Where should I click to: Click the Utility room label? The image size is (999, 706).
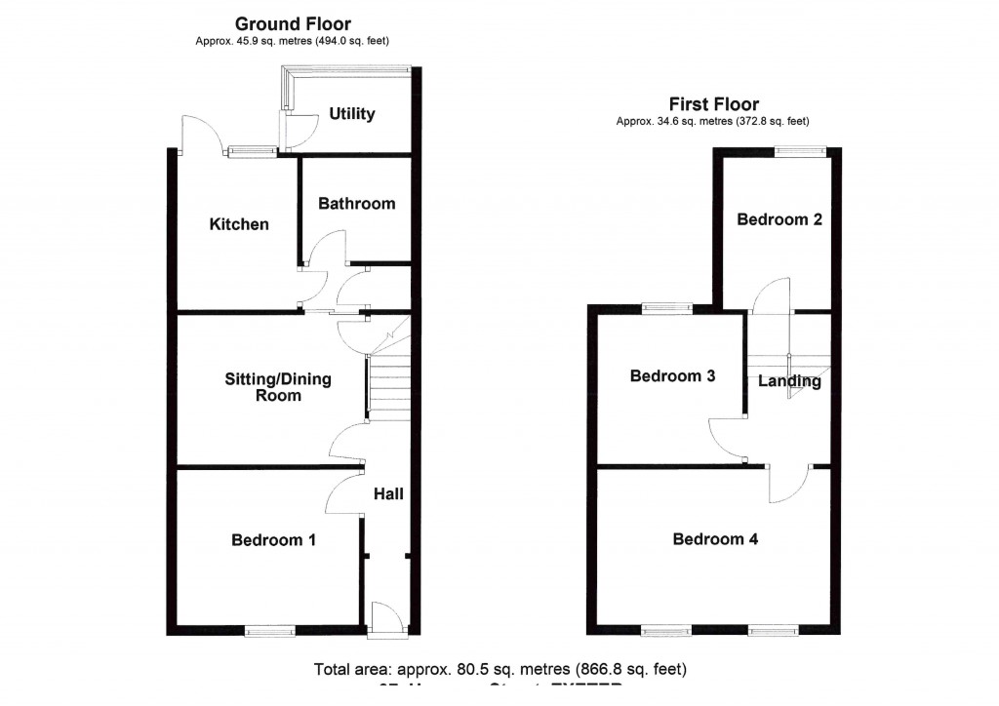[351, 114]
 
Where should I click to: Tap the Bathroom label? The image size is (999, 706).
[357, 204]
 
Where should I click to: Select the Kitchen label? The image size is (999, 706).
[239, 224]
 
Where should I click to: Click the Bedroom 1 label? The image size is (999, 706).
[273, 540]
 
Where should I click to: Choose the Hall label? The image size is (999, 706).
[388, 494]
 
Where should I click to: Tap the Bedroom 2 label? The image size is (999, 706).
[779, 219]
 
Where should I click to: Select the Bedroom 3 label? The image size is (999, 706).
[672, 376]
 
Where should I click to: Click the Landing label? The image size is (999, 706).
[789, 381]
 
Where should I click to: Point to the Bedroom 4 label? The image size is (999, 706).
[715, 539]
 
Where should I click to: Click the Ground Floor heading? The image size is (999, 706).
[293, 24]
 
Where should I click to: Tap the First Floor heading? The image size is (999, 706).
[713, 104]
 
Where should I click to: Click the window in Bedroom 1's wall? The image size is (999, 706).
[269, 632]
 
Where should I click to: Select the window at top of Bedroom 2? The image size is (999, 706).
[800, 150]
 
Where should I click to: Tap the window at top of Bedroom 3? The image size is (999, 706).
[667, 309]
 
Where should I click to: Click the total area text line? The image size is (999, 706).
[499, 670]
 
